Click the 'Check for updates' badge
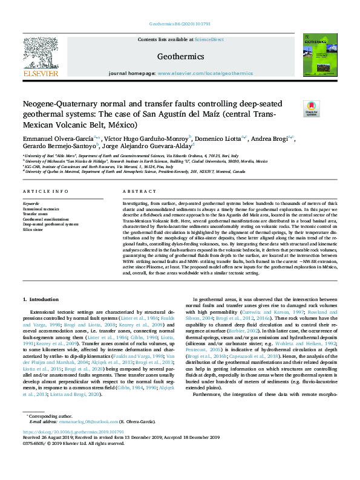pos(311,109)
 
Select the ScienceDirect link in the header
pos(209,39)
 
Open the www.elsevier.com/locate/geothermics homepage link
pos(206,73)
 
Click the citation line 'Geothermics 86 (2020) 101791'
pos(180,24)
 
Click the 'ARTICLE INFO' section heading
pos(41,191)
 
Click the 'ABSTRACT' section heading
pos(136,191)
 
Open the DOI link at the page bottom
pos(73,450)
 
